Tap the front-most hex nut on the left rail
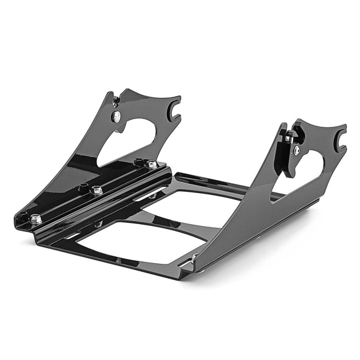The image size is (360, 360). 36,218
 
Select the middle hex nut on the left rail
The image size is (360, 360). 97,191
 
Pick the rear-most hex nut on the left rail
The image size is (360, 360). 151,164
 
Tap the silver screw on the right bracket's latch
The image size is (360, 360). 297,150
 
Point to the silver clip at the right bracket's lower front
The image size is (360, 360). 195,256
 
